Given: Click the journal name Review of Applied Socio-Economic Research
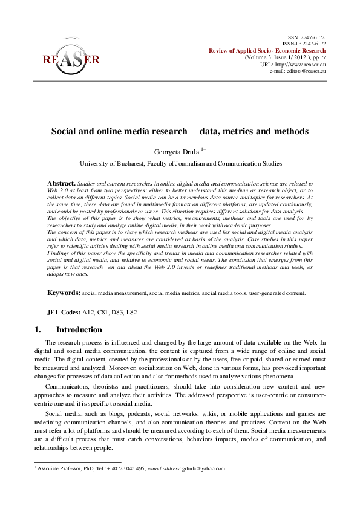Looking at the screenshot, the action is pyautogui.click(x=267, y=50).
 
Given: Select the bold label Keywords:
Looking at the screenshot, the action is pyautogui.click(x=64, y=293).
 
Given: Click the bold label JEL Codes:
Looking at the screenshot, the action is pyautogui.click(x=64, y=313).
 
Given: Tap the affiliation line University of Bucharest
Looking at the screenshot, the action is pyautogui.click(x=180, y=163).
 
